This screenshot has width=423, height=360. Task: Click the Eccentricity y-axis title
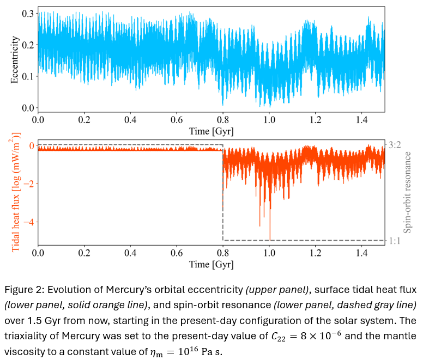(x=15, y=60)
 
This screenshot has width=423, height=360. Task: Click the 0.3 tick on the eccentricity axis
(x=27, y=13)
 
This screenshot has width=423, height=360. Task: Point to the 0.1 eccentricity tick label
(x=27, y=76)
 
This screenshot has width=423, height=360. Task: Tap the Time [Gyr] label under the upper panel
(x=211, y=131)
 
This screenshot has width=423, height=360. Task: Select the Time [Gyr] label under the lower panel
(x=211, y=265)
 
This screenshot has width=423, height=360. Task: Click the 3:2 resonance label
(x=396, y=145)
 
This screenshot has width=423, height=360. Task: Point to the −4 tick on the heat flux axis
(x=28, y=222)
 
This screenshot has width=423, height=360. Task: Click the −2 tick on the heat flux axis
(x=28, y=184)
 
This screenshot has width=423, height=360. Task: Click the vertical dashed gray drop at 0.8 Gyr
(x=223, y=196)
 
